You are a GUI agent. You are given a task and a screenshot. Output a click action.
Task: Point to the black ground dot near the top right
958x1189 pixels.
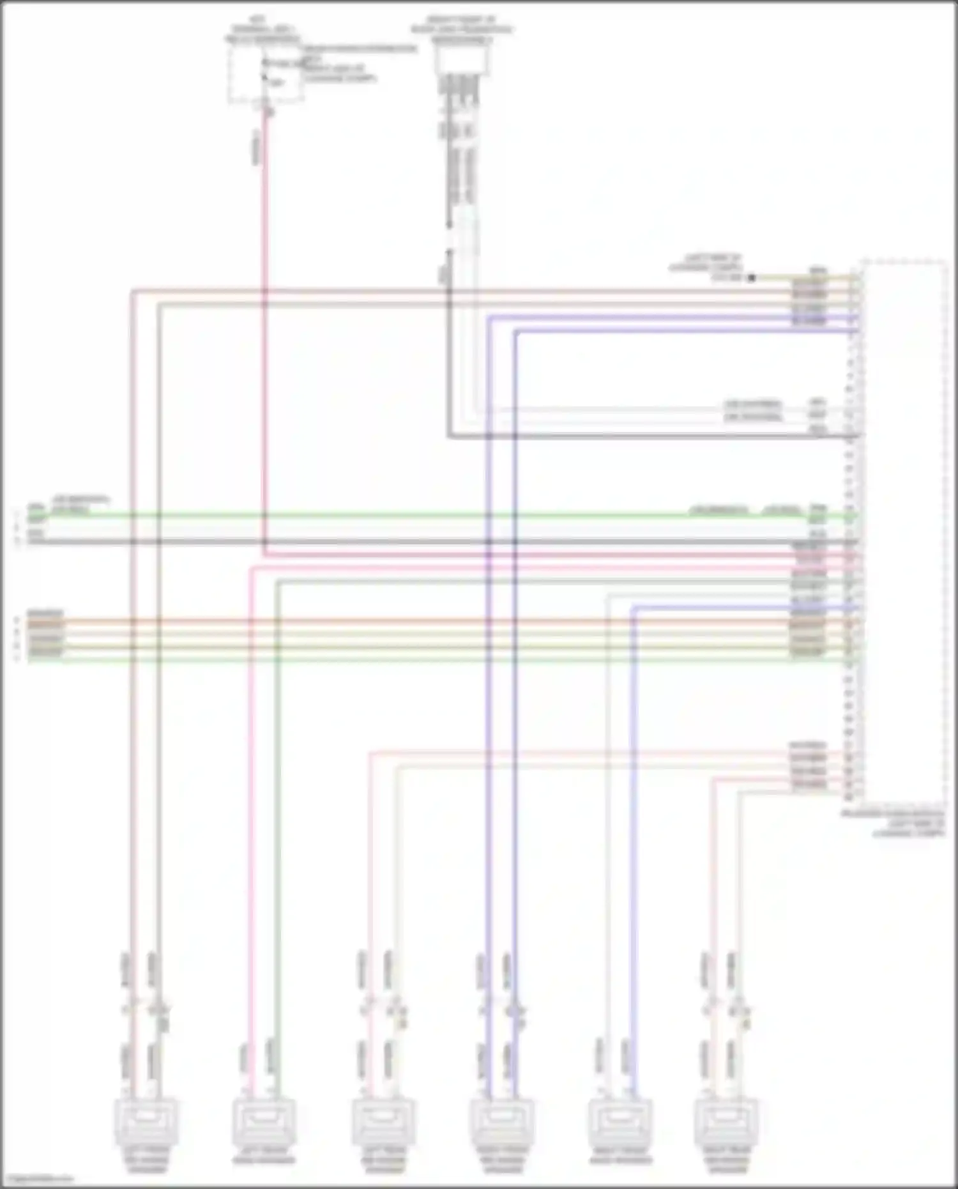pyautogui.click(x=752, y=278)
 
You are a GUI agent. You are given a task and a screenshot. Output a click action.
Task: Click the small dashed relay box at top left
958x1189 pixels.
pyautogui.click(x=266, y=73)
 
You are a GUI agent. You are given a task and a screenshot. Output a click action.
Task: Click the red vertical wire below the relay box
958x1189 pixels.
pyautogui.click(x=264, y=319)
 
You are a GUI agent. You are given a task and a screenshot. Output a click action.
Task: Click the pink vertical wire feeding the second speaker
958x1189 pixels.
pyautogui.click(x=250, y=831)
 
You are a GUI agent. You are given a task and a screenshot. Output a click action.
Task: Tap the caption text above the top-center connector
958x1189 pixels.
pyautogui.click(x=462, y=29)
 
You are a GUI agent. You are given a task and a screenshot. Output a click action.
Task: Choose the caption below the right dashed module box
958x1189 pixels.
pyautogui.click(x=894, y=824)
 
